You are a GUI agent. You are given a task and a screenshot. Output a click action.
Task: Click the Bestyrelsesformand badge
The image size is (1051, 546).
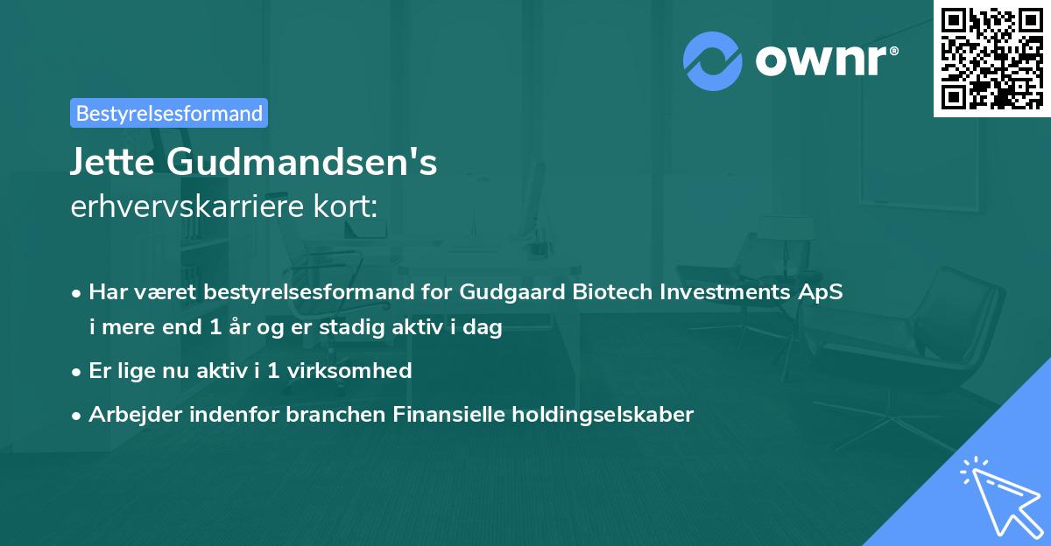click(169, 113)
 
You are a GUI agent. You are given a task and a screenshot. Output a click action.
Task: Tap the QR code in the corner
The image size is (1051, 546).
click(991, 58)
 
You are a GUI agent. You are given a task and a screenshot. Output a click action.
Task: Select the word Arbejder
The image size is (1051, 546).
click(127, 414)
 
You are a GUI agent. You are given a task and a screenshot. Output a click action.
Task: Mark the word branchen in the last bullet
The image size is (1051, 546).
click(326, 414)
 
